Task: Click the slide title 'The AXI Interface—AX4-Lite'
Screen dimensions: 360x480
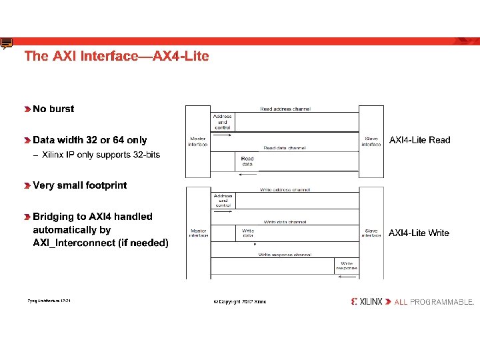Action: pos(117,56)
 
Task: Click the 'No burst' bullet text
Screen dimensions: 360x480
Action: pos(53,109)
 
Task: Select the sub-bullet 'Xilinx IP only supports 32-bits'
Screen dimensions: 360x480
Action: pos(101,155)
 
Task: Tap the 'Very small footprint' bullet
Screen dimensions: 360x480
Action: pos(79,185)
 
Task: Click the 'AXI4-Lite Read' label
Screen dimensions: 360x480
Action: pos(419,140)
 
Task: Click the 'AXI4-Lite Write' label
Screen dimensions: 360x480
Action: pos(419,233)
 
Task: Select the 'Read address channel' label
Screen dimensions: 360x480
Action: pos(285,109)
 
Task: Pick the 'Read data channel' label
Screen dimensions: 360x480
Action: pos(285,148)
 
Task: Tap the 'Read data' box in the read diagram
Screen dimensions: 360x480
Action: pos(247,161)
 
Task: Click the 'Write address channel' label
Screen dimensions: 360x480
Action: pos(285,190)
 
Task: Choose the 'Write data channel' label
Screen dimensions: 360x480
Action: pos(285,221)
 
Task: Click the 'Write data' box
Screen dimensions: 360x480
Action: pos(247,233)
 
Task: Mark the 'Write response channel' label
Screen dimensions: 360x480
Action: pos(285,255)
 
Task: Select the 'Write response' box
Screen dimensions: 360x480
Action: pos(347,265)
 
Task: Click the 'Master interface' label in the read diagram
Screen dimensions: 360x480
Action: pos(197,141)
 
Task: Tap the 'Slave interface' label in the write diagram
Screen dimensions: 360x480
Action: pos(371,233)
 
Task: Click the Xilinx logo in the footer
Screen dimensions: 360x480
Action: pos(367,301)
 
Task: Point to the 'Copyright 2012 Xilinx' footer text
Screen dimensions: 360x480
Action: pos(239,302)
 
